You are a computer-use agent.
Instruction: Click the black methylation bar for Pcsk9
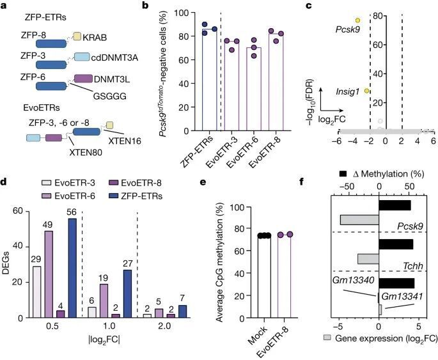(x=393, y=205)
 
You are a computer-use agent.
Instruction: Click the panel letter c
(x=326, y=6)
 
